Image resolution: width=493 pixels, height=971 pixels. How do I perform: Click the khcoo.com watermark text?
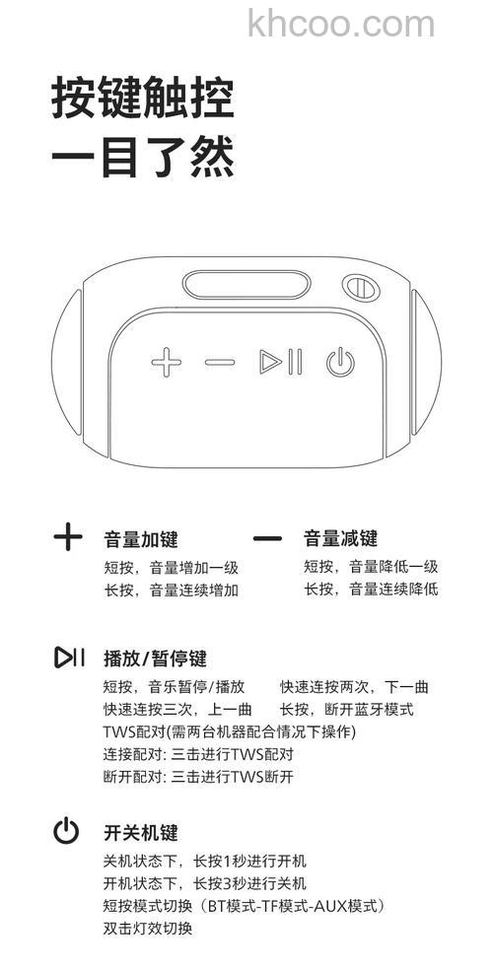coord(341,23)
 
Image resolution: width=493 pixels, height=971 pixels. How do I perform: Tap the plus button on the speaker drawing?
coord(167,362)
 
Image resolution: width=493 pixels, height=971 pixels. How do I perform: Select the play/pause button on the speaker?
coord(280,362)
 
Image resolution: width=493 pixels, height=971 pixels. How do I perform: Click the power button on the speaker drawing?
coord(339,363)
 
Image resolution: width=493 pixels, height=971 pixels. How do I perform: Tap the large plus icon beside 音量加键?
coord(67,537)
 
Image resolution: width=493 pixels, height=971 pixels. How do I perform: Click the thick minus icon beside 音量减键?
coord(267,539)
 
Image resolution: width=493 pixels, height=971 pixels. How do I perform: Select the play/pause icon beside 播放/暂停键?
coord(69,657)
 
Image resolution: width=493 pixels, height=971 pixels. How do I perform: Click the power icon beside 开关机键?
coord(66,831)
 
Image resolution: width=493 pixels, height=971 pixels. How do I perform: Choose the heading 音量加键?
coord(141,539)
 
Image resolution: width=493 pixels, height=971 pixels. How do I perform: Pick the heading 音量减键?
coord(340,539)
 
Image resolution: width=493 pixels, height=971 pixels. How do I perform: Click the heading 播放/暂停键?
coord(155,658)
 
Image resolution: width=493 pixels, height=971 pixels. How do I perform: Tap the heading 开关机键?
coord(141,832)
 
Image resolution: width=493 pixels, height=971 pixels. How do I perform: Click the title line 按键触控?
coord(143,101)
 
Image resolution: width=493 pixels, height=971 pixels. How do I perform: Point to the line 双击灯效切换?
coord(148,928)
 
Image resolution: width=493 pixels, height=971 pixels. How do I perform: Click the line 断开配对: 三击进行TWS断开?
coord(198,776)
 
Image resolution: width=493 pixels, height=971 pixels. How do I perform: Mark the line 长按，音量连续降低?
coord(371,590)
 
